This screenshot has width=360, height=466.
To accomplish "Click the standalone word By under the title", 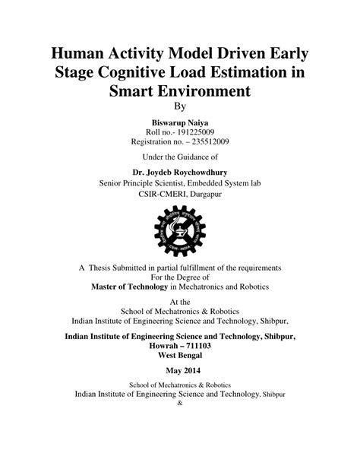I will point(179,106).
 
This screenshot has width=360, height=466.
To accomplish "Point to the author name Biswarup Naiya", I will point(179,122).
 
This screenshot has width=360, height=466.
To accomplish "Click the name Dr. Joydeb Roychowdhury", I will point(179,173).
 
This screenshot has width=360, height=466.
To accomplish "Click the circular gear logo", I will point(180,230).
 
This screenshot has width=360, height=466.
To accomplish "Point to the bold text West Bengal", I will point(179,354).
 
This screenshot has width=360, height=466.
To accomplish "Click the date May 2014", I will point(179,370).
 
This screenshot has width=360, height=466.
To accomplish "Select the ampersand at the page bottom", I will point(179,403).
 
